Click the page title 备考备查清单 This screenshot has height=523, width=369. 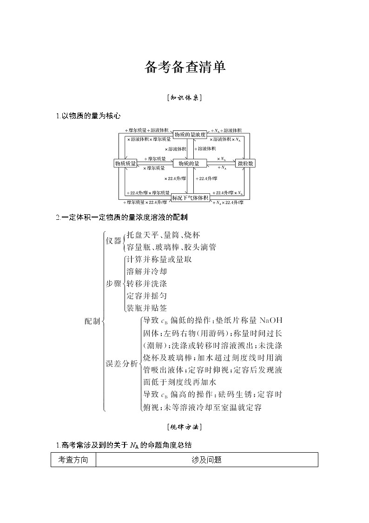(x=184, y=67)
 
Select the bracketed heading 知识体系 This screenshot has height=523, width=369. (x=184, y=98)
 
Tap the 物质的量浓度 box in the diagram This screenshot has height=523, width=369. (x=189, y=134)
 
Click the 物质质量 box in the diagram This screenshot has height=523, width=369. (x=125, y=163)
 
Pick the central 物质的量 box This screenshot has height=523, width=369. (x=189, y=163)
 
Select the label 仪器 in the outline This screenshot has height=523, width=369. (x=113, y=241)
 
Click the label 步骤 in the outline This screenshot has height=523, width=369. (x=113, y=284)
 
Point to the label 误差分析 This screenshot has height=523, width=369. (x=122, y=364)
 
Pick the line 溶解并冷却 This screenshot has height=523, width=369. (x=146, y=272)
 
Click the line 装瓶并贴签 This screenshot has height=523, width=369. (x=146, y=308)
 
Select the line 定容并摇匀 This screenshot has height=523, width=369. (x=146, y=296)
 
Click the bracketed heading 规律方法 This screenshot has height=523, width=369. (x=184, y=427)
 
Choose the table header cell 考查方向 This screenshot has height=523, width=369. (x=73, y=460)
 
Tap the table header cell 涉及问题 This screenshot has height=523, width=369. (x=206, y=460)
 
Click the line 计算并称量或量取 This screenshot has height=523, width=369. (x=159, y=259)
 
